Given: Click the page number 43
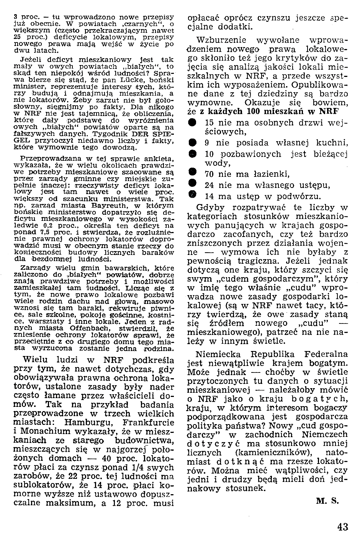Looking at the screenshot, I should (x=343, y=527).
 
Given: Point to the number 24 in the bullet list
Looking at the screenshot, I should (x=209, y=186).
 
